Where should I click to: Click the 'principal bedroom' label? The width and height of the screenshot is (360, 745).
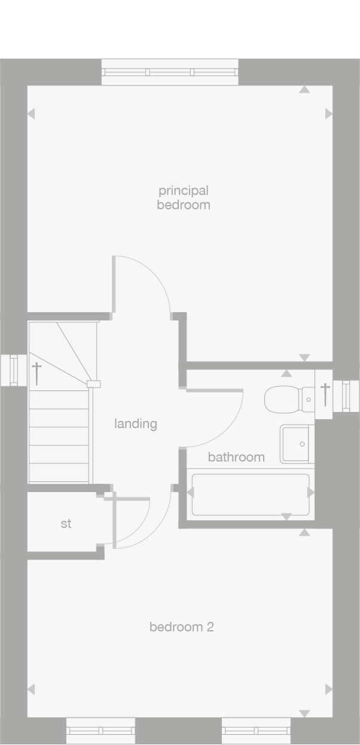pos(184,197)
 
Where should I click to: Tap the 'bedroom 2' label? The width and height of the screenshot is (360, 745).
pos(181,627)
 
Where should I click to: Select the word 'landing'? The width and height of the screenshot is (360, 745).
pos(136,424)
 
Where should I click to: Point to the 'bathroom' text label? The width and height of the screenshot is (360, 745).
pos(236,457)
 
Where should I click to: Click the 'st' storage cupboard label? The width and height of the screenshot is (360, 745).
pos(66,524)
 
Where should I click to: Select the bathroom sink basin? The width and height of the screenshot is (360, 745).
pos(297,444)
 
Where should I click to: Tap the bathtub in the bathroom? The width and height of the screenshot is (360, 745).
pos(250,494)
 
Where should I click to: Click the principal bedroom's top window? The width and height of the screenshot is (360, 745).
pos(170,72)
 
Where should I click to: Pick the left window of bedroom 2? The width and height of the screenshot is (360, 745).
pos(100,731)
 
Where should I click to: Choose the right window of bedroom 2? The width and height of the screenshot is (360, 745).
pos(256,731)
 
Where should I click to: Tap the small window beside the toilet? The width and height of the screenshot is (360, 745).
pos(346,396)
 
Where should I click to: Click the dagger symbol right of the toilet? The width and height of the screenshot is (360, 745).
pos(325,393)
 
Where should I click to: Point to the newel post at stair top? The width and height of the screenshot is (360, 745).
pos(93,384)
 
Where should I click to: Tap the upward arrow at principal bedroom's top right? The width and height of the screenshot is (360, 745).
pos(304,90)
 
